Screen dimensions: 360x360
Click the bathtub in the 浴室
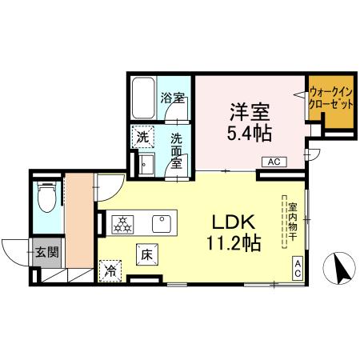coord(143,98)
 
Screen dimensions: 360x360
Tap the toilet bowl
coord(47,197)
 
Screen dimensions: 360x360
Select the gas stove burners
coord(122,224)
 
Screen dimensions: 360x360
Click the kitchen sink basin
coord(162,224)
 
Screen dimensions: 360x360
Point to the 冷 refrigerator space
coord(110,271)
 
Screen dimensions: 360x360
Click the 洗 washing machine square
coord(143,137)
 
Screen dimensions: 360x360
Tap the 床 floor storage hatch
coord(147,254)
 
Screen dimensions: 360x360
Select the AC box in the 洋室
coord(274,162)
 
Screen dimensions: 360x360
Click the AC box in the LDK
coord(298,268)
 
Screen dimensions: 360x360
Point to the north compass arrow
coord(342,270)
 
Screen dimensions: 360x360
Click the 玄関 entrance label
coord(47,252)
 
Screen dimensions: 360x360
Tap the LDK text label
coord(234,222)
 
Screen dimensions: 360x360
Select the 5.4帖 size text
coord(250,133)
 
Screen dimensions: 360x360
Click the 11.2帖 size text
coord(234,243)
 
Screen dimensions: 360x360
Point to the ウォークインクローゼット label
coord(330,98)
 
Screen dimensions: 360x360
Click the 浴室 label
coord(173,98)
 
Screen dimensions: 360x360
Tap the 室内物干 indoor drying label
coord(293,222)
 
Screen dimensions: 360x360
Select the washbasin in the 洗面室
coord(146,165)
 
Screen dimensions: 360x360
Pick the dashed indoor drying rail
coord(285,222)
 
